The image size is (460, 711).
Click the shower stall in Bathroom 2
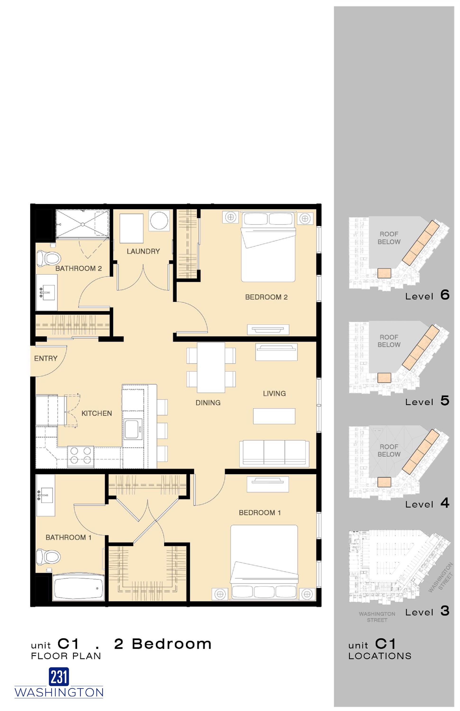click(82, 224)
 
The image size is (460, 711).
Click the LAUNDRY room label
click(143, 251)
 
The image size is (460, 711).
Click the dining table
click(211, 367)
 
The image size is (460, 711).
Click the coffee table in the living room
click(274, 416)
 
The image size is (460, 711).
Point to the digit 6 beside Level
click(445, 295)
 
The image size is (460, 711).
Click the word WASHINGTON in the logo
click(59, 692)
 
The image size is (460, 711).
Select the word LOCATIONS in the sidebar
click(380, 656)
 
